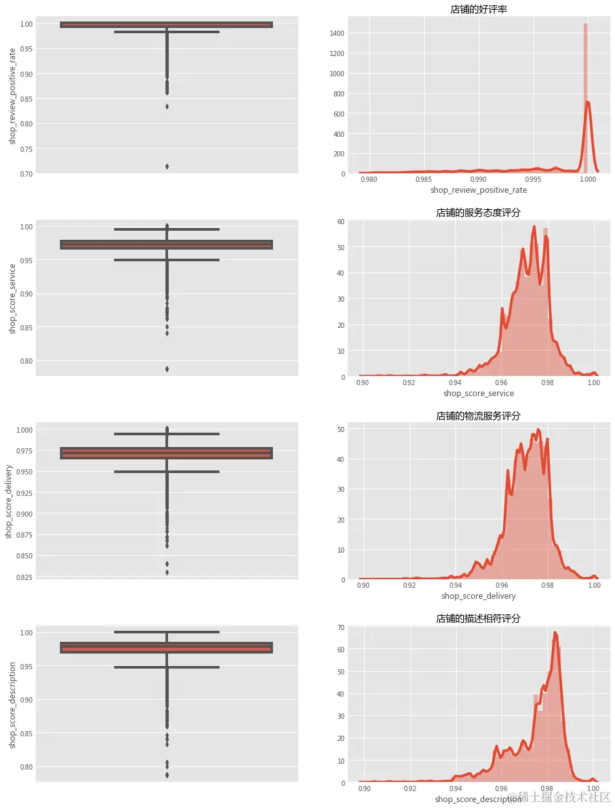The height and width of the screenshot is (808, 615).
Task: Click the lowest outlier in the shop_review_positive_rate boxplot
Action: pos(167,166)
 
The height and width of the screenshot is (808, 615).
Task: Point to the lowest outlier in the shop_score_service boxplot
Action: pos(167,369)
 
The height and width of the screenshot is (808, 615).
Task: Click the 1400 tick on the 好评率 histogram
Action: pos(337,33)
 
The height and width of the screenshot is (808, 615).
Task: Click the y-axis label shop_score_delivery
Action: pos(10,502)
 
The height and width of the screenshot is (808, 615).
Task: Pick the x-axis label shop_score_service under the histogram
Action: pos(478,394)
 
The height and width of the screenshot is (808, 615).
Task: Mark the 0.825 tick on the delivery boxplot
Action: pos(24,577)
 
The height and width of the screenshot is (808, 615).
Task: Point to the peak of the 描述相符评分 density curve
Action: pos(555,632)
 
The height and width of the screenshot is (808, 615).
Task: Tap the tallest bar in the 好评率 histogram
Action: pos(586,98)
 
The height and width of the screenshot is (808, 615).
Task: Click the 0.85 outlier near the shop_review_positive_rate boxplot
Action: pos(167,106)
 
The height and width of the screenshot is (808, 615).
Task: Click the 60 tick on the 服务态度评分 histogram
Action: pos(341,222)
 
